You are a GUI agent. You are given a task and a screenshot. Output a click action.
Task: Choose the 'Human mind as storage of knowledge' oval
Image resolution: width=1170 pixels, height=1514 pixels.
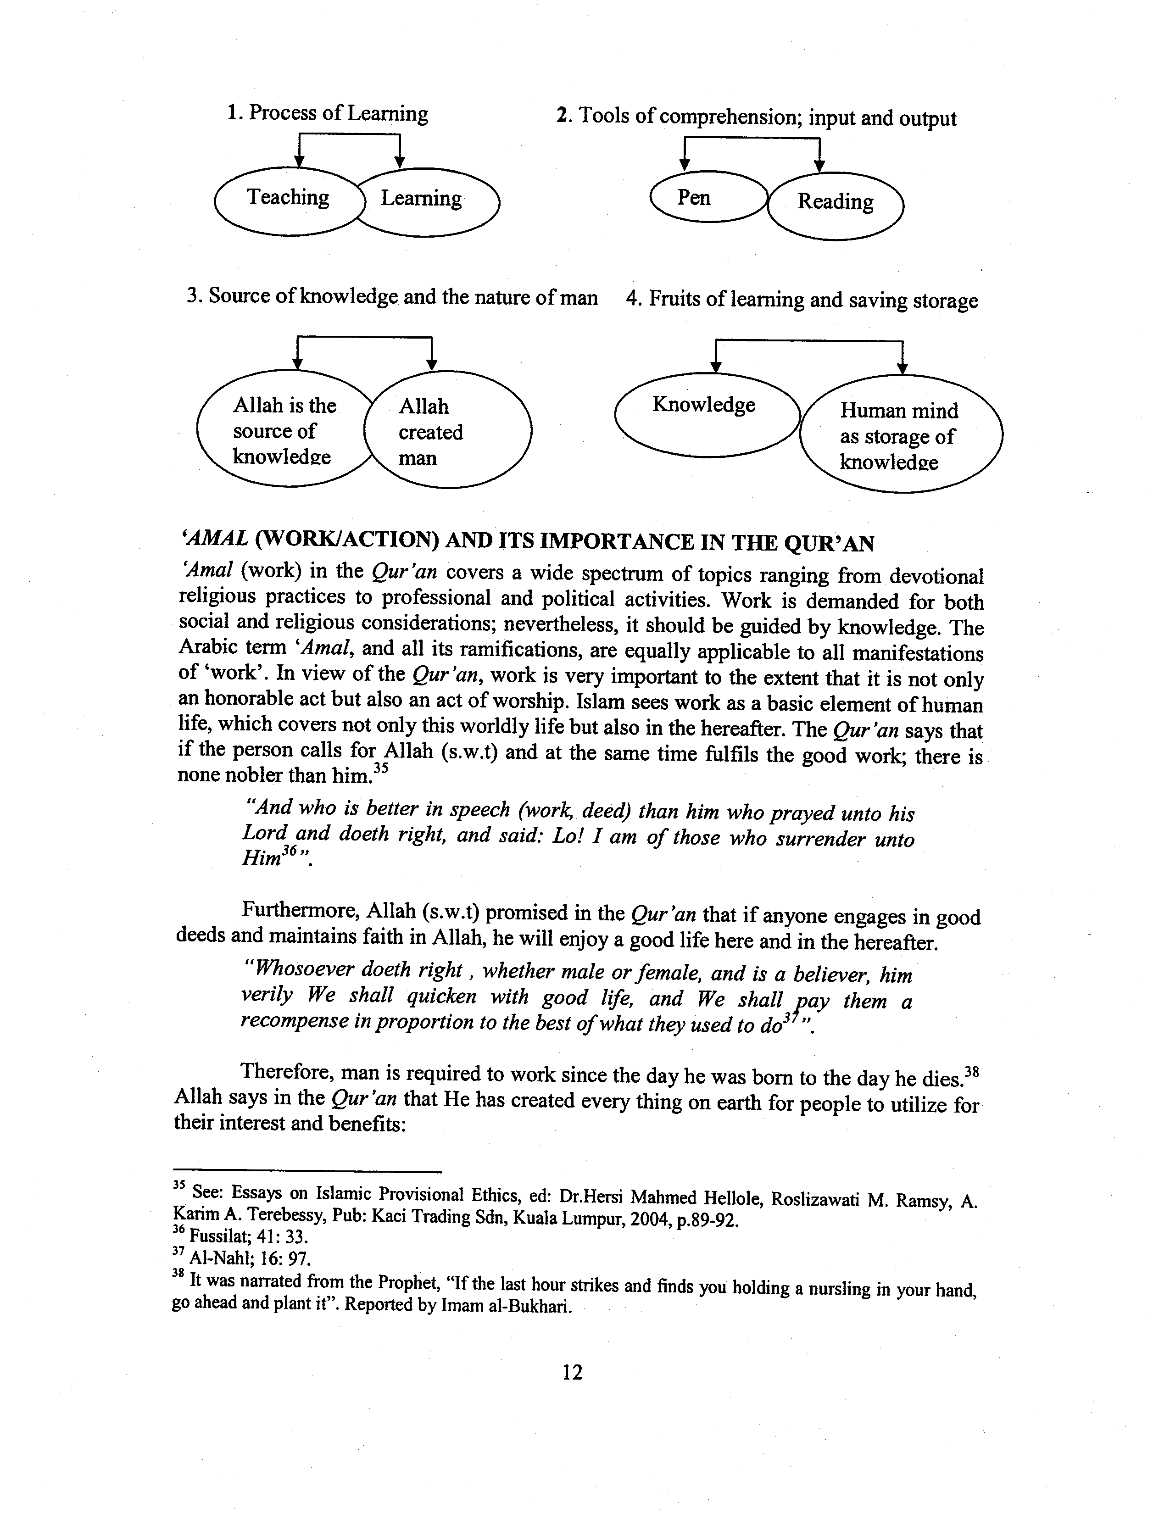click(901, 436)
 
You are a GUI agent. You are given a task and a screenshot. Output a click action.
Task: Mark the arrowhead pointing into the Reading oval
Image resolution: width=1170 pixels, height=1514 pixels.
click(819, 167)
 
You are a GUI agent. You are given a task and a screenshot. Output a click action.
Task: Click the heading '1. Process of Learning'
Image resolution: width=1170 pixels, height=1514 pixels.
click(327, 113)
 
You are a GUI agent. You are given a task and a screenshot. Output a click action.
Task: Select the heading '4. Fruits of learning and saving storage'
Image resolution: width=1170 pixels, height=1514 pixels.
click(801, 300)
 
